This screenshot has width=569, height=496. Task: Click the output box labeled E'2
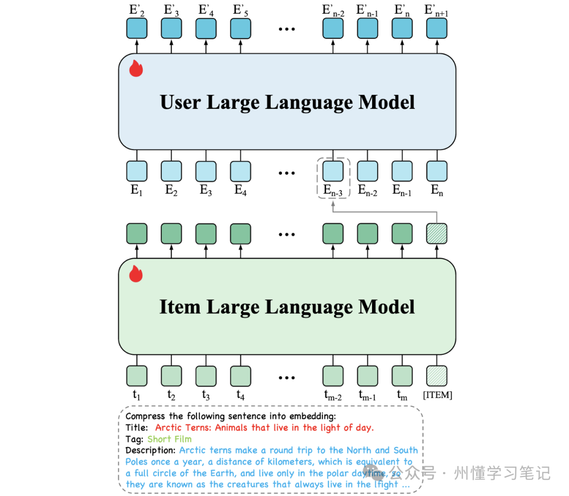point(136,28)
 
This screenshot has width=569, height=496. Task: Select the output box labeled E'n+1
point(437,28)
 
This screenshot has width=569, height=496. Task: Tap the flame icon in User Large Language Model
point(136,68)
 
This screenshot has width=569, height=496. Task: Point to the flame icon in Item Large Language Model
point(136,274)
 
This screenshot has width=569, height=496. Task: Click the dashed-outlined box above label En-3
point(333,171)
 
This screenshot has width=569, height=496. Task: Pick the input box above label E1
point(136,171)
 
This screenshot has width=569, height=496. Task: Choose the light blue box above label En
point(437,171)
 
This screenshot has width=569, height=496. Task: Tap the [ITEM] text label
point(438,395)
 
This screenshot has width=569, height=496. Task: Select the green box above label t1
point(136,376)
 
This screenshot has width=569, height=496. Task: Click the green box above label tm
point(402,376)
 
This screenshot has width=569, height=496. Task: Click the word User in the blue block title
point(180,102)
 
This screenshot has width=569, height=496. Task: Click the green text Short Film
point(169,439)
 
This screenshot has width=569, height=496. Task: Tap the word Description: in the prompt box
point(151,450)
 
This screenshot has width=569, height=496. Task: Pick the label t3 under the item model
point(205,395)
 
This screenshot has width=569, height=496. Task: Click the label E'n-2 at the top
point(333,10)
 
